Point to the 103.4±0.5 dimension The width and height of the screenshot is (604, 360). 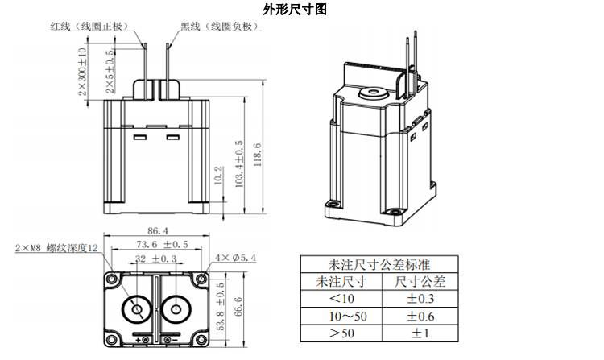[x=238, y=165]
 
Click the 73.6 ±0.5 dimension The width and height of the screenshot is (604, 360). [x=161, y=244]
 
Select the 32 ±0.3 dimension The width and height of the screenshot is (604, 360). [x=155, y=258]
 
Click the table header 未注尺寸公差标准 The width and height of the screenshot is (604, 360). [x=379, y=265]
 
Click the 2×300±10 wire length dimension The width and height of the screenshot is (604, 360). [x=82, y=72]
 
